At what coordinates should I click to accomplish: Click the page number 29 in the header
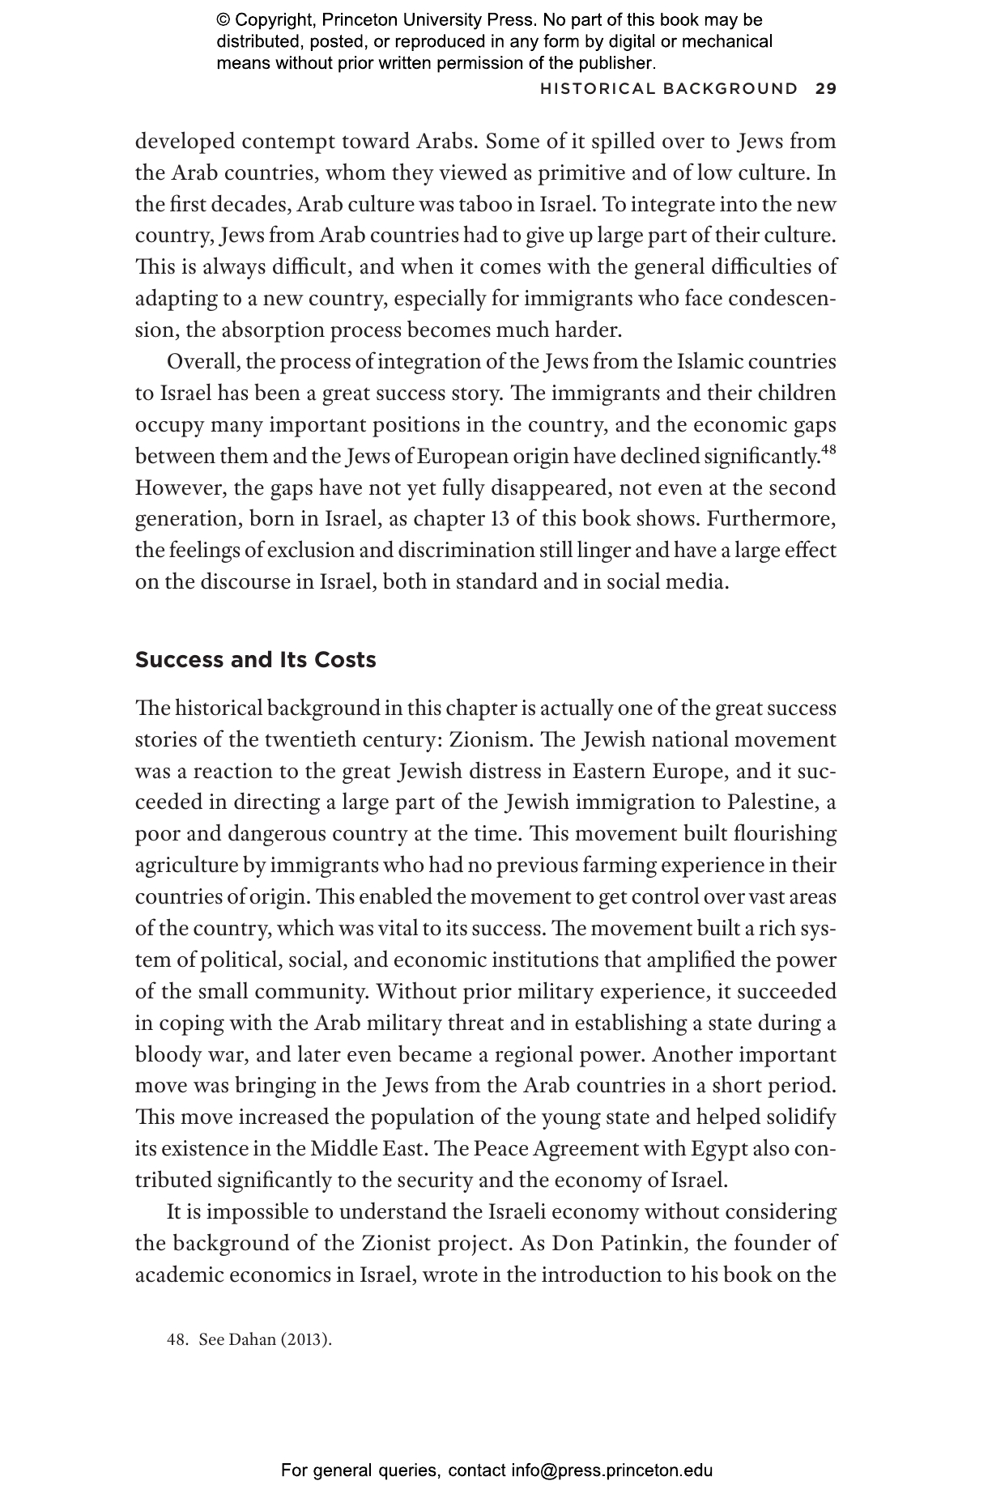[825, 89]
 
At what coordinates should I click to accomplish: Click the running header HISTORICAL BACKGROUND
[669, 89]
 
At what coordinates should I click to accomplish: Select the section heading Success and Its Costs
[255, 660]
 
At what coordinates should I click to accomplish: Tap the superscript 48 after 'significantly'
[828, 449]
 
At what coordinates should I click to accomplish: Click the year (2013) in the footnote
[305, 1339]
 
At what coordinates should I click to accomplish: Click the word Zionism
[484, 739]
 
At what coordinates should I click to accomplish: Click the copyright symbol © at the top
[224, 20]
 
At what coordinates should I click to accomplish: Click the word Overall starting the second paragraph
[202, 361]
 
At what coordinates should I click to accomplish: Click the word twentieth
[310, 739]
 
